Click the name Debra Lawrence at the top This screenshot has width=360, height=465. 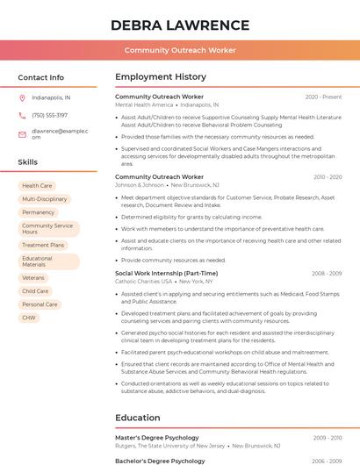[x=180, y=25]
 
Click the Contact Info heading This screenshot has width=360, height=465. [x=40, y=77]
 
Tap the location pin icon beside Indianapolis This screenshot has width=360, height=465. [x=22, y=98]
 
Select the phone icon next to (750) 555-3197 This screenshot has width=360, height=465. [x=22, y=116]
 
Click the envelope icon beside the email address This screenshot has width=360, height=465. [x=22, y=134]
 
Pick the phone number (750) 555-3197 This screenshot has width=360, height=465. [x=49, y=116]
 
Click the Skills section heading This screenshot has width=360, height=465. [x=28, y=162]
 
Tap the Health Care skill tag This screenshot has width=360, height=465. [x=37, y=186]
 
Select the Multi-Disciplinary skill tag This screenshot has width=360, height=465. [x=44, y=199]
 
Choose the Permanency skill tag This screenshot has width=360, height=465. [x=39, y=212]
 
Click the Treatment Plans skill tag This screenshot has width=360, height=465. [x=43, y=246]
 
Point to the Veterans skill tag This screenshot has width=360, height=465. [x=33, y=278]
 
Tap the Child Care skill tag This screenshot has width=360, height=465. [x=35, y=291]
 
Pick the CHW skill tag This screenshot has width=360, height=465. [x=29, y=318]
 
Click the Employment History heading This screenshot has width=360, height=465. [x=161, y=77]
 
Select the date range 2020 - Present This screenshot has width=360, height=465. [x=323, y=97]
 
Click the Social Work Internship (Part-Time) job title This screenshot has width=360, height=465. [x=166, y=274]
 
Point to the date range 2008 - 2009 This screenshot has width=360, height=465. [x=327, y=274]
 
